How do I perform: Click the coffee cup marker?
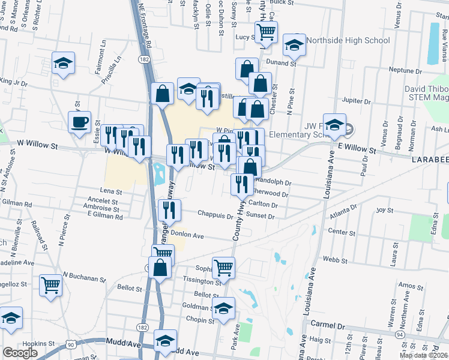point(79,123)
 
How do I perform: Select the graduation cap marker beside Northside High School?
point(294,45)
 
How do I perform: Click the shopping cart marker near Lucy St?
point(266,32)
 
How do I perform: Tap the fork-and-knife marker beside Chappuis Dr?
point(169,210)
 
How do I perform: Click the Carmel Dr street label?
point(329,324)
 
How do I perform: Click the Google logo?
point(20,353)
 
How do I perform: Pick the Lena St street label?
point(110,191)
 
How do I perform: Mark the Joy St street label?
point(384,211)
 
